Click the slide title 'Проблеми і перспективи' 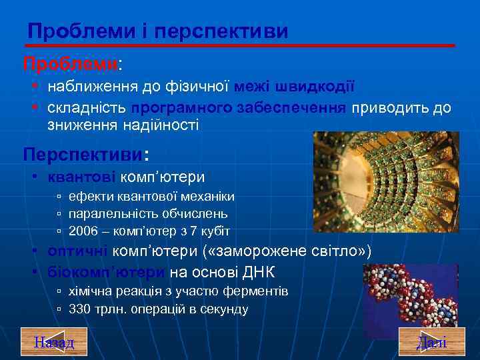pos(158,31)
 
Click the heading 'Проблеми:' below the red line pos(73,65)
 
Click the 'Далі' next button pos(431,342)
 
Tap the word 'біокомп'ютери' pos(106,272)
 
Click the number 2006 pos(83,231)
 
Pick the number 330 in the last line pos(80,309)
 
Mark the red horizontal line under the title pos(240,45)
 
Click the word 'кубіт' pos(215,231)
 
